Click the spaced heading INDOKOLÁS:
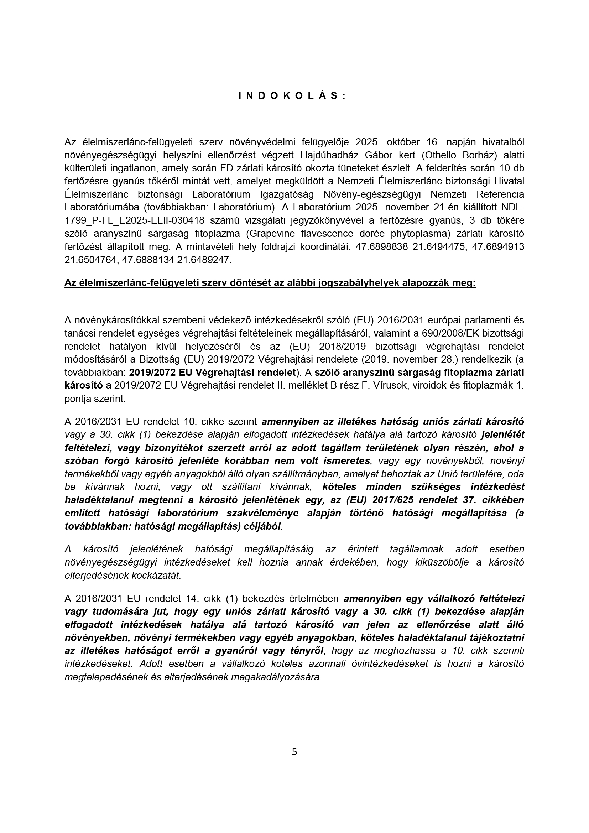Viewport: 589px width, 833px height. pyautogui.click(x=292, y=96)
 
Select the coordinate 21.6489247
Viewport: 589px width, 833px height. pyautogui.click(x=204, y=260)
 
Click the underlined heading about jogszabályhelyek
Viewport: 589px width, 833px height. pyautogui.click(x=270, y=283)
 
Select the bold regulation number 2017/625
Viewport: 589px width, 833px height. pyautogui.click(x=388, y=500)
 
